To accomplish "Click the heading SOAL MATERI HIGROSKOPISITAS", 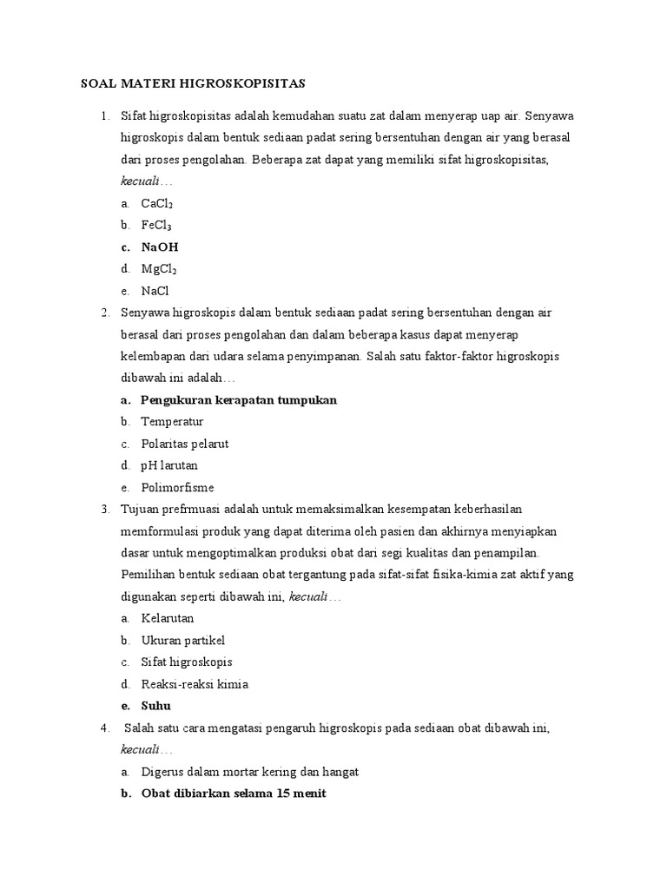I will click(193, 84).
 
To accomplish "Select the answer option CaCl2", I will click(157, 203).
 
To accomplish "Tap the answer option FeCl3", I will click(156, 225).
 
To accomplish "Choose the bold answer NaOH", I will click(160, 247).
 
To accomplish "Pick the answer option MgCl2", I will click(159, 269).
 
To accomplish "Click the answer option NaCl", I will click(155, 291).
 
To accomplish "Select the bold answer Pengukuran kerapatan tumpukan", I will click(239, 400).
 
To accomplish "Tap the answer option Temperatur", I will click(172, 422).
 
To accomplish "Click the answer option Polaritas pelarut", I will click(185, 444).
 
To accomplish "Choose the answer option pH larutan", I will click(169, 465).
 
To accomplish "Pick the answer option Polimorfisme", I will click(177, 487).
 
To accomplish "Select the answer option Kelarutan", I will click(168, 618).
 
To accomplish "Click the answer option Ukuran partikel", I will click(182, 640).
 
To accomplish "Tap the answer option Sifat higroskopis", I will click(187, 662).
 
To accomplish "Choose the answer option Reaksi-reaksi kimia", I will click(195, 684).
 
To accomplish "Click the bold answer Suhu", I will click(156, 706).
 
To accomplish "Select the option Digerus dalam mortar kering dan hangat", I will click(250, 771).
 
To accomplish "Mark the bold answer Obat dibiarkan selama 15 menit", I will click(234, 794).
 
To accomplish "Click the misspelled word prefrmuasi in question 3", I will click(187, 509).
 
